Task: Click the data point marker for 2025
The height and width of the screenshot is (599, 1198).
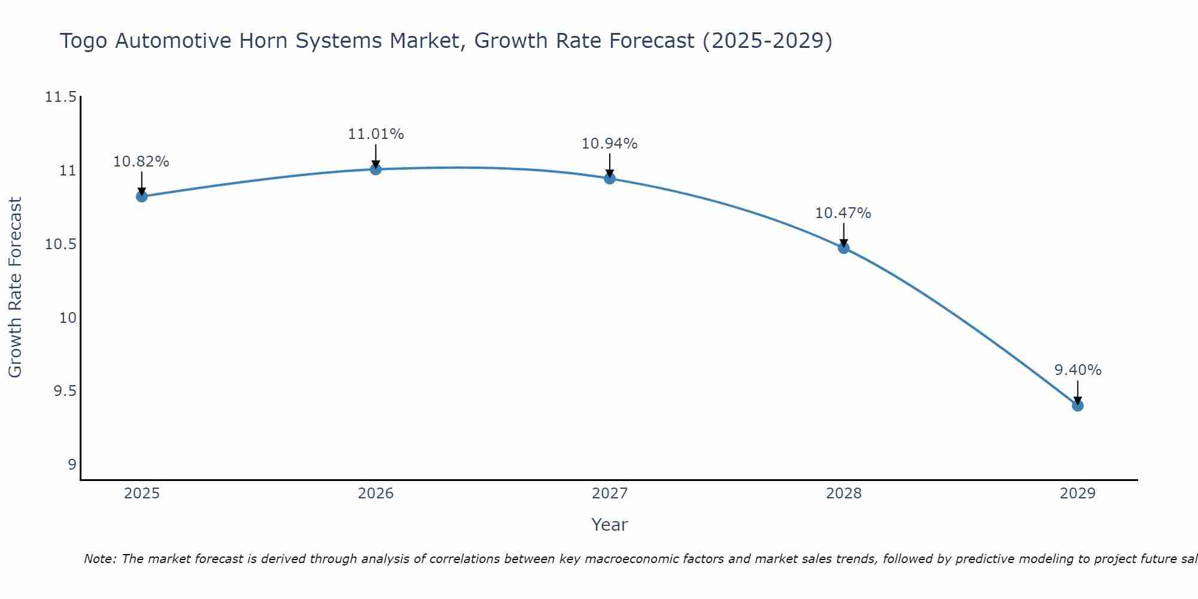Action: (x=142, y=196)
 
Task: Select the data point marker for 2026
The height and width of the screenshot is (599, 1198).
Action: (x=376, y=169)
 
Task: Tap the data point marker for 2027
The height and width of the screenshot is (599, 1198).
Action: (x=610, y=178)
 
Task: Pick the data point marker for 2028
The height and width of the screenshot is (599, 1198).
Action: (x=843, y=247)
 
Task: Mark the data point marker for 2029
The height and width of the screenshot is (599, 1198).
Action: (x=1078, y=406)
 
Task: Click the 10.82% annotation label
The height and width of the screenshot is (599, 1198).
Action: (x=141, y=162)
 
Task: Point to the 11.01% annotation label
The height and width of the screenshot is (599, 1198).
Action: (x=376, y=134)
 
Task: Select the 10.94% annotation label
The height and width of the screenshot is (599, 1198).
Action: (x=610, y=144)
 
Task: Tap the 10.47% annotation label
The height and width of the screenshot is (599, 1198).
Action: (x=843, y=213)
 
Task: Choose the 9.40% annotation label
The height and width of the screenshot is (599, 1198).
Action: (x=1078, y=370)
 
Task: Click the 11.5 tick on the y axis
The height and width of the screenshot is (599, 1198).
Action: (x=61, y=97)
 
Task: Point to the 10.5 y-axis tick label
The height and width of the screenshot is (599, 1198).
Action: (x=61, y=244)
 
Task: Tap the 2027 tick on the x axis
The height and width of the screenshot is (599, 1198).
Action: (x=610, y=494)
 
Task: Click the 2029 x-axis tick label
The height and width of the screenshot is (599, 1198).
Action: (x=1078, y=494)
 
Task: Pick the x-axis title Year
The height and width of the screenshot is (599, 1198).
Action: (x=609, y=525)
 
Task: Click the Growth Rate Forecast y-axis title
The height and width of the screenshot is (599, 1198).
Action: (x=15, y=288)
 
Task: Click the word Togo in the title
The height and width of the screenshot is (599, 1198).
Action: (x=84, y=41)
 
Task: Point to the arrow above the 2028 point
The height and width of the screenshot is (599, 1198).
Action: (x=843, y=235)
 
